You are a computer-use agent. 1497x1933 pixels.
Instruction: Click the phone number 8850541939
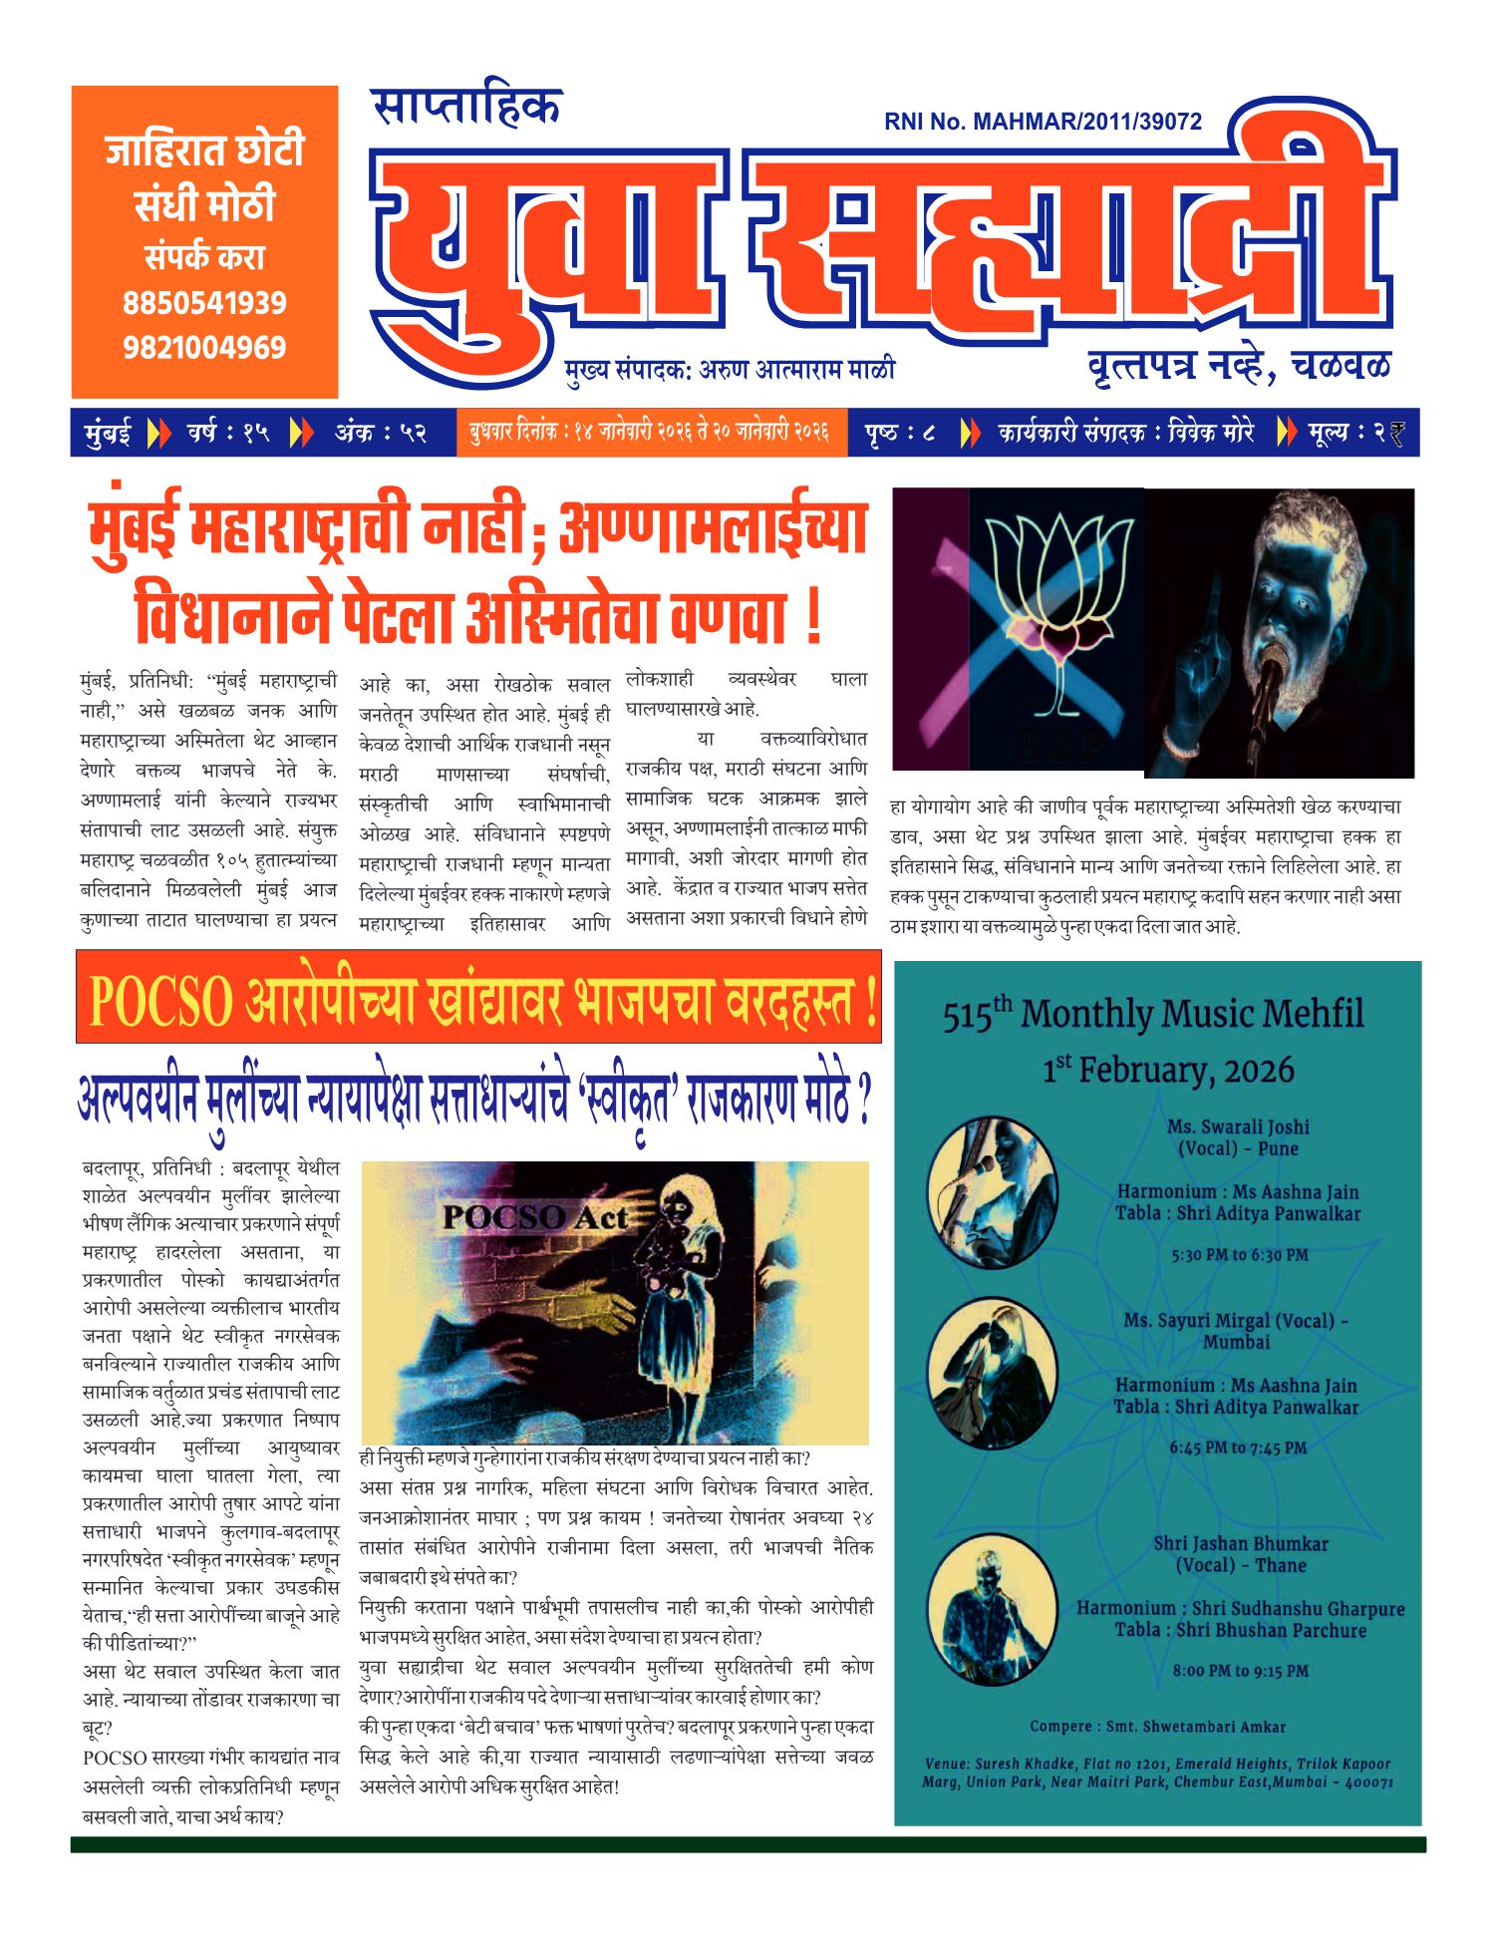click(204, 303)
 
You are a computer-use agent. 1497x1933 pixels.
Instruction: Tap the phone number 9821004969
click(204, 348)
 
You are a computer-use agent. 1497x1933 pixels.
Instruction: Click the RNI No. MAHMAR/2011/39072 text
click(1043, 122)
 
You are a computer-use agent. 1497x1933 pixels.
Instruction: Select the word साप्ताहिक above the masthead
click(466, 107)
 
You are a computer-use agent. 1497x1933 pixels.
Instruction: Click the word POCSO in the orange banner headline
click(160, 1001)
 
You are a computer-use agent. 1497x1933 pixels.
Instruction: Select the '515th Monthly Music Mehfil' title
click(1153, 1014)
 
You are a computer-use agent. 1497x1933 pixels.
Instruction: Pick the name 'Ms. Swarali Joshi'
click(1238, 1127)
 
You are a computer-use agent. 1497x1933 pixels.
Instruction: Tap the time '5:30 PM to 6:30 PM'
click(1239, 1255)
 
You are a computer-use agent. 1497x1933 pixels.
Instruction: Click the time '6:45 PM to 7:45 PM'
click(1237, 1448)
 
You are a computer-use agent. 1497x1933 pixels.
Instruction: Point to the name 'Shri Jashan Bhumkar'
click(1240, 1543)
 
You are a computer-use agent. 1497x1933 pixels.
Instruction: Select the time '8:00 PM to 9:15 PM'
click(1240, 1671)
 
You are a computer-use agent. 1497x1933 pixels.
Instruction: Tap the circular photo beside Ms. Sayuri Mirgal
click(992, 1373)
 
